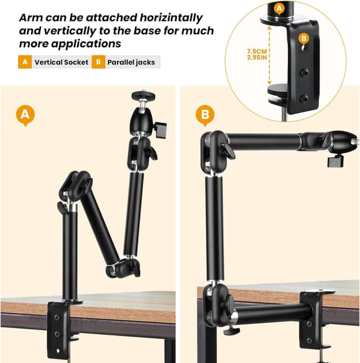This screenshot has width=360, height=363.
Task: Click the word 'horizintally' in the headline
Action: click(171, 18)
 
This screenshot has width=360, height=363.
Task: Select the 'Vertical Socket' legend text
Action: click(61, 62)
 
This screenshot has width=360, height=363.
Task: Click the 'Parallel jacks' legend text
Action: click(131, 62)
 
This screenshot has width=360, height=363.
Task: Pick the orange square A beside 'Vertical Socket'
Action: click(25, 62)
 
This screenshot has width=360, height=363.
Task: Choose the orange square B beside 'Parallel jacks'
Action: click(98, 62)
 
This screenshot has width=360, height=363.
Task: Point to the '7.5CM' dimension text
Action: click(257, 51)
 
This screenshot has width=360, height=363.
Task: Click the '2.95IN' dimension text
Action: click(257, 57)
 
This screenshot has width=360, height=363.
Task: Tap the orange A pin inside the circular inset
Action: click(280, 9)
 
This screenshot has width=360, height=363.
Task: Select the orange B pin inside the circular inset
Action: click(304, 38)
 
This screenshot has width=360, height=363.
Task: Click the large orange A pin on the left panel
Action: click(25, 115)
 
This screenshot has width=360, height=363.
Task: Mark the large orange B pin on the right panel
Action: click(205, 115)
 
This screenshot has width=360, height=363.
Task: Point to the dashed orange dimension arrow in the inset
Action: click(269, 55)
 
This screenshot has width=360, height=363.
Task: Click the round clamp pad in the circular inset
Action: click(278, 89)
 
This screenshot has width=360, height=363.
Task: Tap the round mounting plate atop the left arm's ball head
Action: click(143, 96)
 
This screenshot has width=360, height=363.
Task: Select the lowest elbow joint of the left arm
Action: click(123, 268)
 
